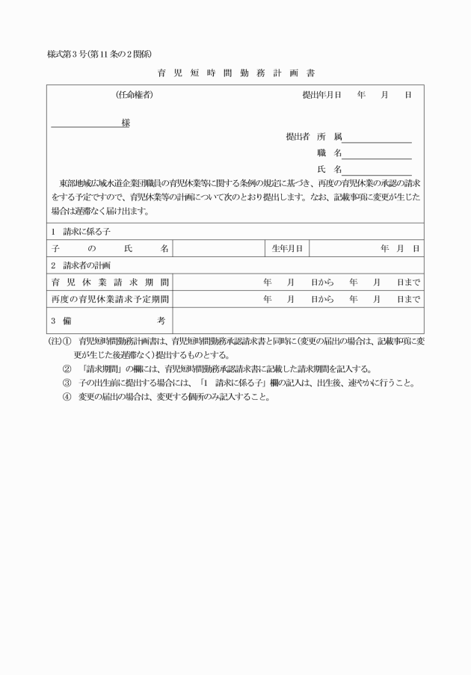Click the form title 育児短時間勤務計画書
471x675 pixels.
235,73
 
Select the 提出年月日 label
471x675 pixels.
321,95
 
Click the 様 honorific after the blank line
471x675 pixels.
126,123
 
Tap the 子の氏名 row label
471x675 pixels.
110,247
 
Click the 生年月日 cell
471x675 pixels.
287,247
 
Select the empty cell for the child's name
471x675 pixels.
218,247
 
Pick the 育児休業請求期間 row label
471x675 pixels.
110,282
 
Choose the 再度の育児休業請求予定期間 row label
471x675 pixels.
110,299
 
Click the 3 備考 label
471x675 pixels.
110,321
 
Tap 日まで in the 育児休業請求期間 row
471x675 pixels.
408,282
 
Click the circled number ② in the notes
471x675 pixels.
66,369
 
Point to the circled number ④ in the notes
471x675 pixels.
66,397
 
